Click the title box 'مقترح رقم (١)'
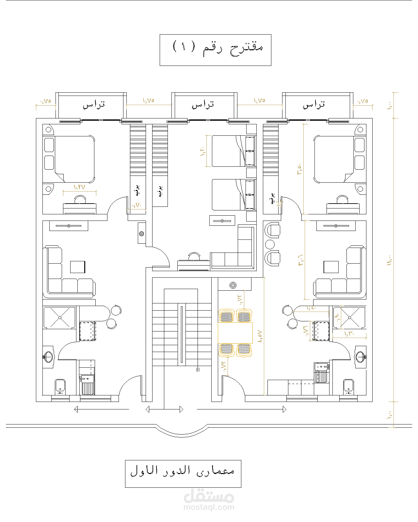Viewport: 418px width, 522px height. tap(216, 50)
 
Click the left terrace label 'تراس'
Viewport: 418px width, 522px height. tap(94, 105)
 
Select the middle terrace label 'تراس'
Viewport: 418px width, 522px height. tap(203, 105)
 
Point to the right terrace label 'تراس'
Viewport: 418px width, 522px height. tap(314, 105)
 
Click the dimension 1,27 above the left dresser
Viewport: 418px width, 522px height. tap(79, 187)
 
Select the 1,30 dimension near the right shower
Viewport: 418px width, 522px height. tap(349, 334)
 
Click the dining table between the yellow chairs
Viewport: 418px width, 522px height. tap(235, 332)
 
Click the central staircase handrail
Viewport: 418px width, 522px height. tap(182, 334)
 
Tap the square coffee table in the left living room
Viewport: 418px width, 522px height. tap(78, 267)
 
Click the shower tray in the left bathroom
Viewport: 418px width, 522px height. tap(59, 317)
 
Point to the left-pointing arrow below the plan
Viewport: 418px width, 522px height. tap(76, 409)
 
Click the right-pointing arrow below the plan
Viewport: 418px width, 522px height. tap(284, 409)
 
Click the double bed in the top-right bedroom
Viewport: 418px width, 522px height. tap(334, 159)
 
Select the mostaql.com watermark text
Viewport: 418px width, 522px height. tap(209, 507)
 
